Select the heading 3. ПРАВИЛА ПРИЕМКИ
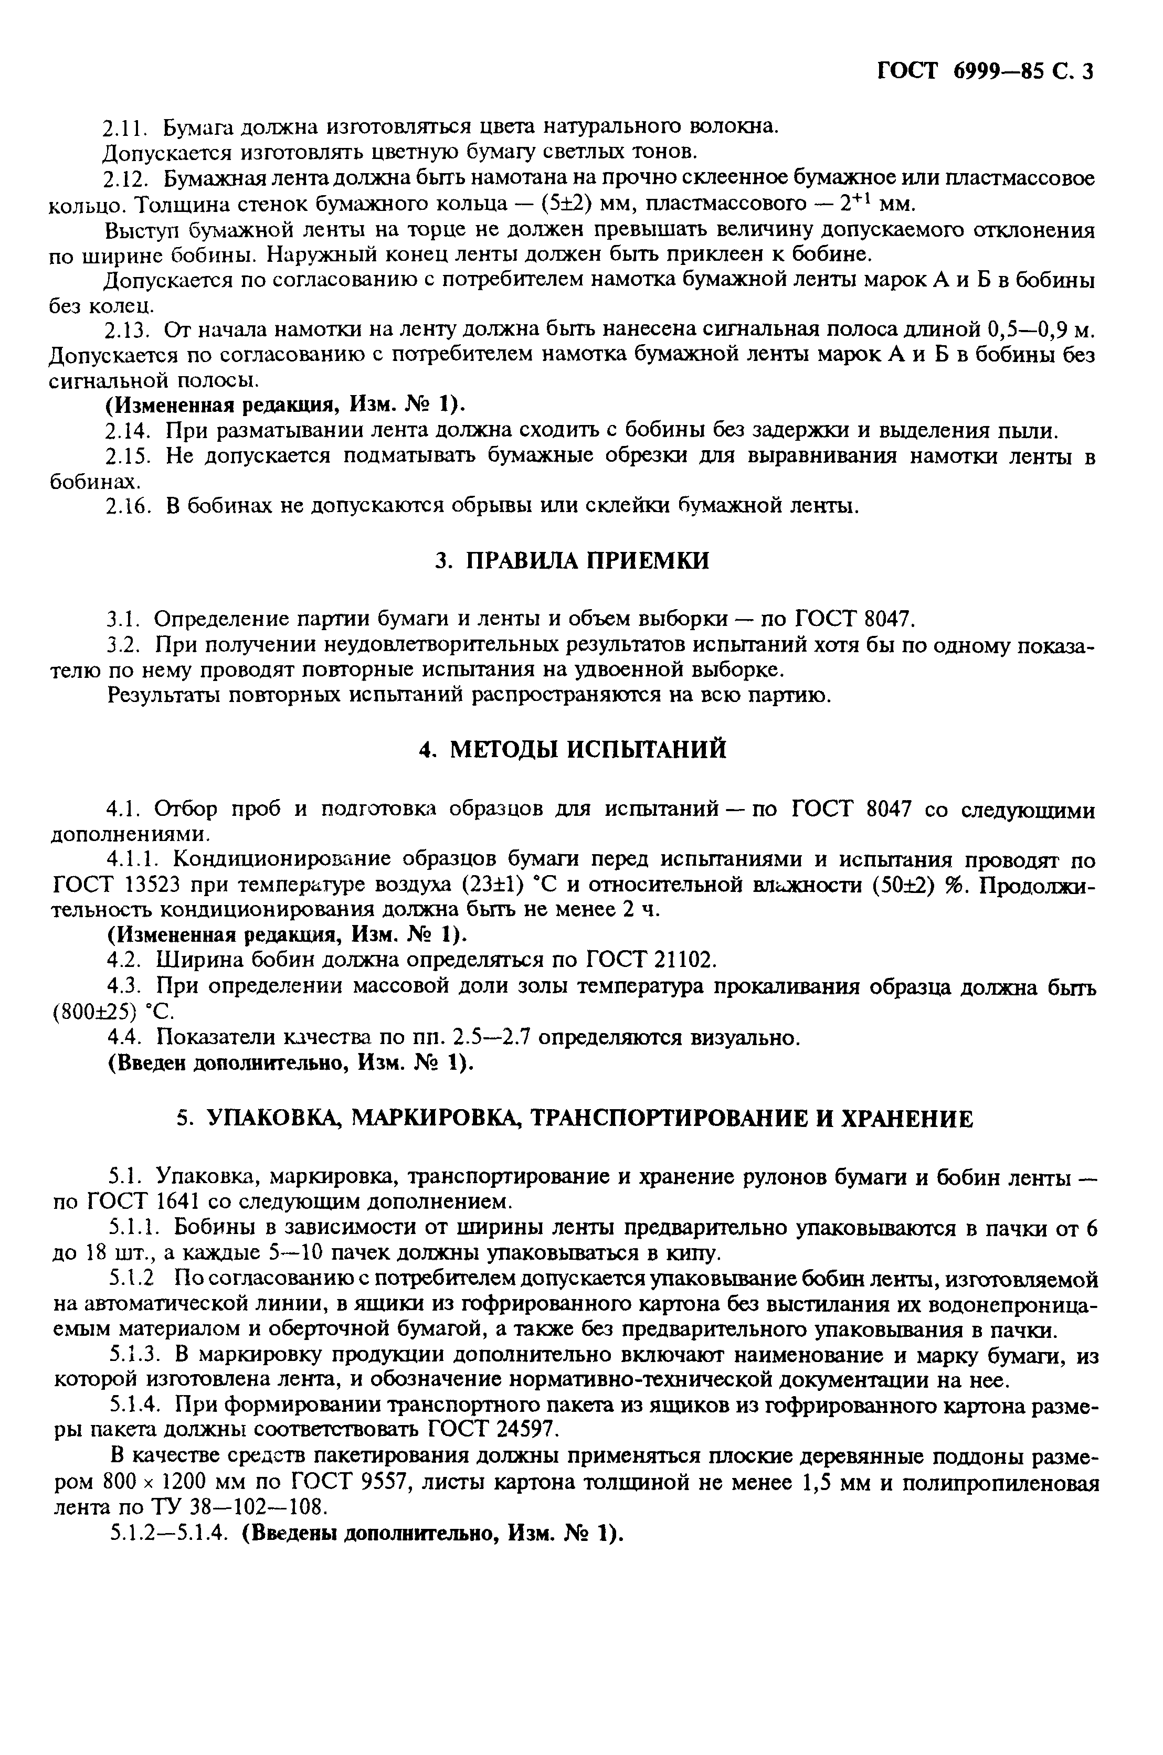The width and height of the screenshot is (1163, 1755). pyautogui.click(x=571, y=560)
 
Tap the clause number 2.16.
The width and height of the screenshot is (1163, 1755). pyautogui.click(x=129, y=506)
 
